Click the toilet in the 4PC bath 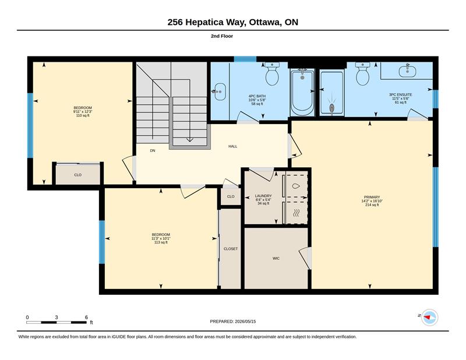point(272,74)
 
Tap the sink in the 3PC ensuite point(407,70)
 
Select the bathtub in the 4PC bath point(302,92)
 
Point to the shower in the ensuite point(332,93)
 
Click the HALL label point(232,146)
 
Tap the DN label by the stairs point(153,151)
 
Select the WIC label point(276,258)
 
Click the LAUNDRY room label point(263,196)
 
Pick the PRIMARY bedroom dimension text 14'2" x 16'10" point(372,201)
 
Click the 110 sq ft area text point(83,115)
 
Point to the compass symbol point(430,317)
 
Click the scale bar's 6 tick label point(86,317)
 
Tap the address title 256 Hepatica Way point(207,22)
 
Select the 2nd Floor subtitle point(222,36)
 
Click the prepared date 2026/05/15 point(245,322)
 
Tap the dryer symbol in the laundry point(296,212)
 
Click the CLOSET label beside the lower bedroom point(231,249)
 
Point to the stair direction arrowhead point(190,140)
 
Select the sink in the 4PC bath point(219,92)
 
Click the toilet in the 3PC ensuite point(362,74)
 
